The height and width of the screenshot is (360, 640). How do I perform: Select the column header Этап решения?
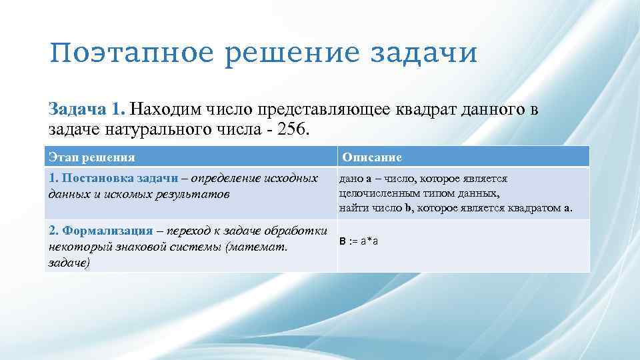pos(92,157)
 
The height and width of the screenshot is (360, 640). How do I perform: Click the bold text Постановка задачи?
pos(119,179)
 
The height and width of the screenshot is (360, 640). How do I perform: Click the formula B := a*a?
pos(359,241)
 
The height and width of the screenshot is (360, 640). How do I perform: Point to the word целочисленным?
pos(377,193)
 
